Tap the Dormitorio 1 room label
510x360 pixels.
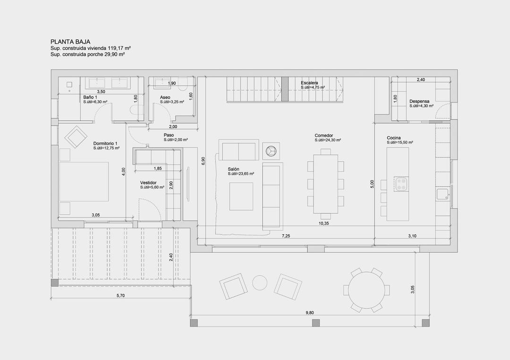pyautogui.click(x=105, y=143)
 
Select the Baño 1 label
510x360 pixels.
pyautogui.click(x=90, y=97)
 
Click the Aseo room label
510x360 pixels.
pyautogui.click(x=165, y=97)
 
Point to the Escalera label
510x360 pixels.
pyautogui.click(x=309, y=83)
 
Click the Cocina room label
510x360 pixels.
pyautogui.click(x=394, y=138)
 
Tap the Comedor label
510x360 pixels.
pyautogui.click(x=324, y=136)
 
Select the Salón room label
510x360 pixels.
pyautogui.click(x=234, y=169)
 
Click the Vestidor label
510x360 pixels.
pyautogui.click(x=148, y=183)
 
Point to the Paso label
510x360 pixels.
pyautogui.click(x=169, y=135)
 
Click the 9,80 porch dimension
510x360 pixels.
pyautogui.click(x=310, y=312)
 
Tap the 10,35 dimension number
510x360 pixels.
pyautogui.click(x=324, y=224)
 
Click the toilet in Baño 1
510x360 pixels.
pyautogui.click(x=136, y=111)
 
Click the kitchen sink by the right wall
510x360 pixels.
pyautogui.click(x=442, y=194)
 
